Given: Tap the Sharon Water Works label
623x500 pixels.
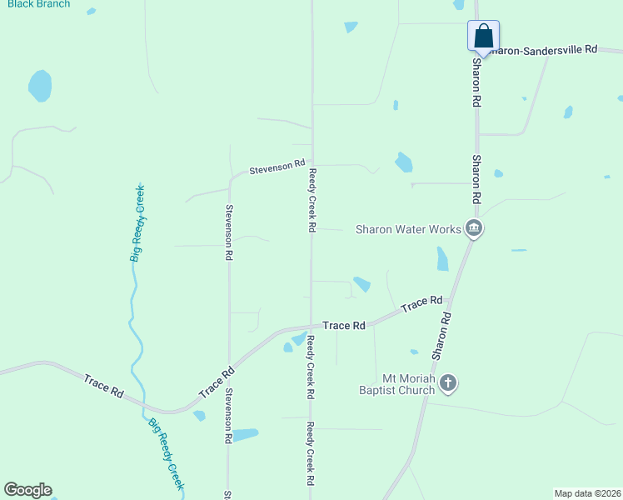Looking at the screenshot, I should (x=408, y=229).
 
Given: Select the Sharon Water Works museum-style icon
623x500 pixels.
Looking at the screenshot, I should (x=474, y=228).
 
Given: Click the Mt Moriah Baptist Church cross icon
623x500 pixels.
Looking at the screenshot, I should (x=448, y=382).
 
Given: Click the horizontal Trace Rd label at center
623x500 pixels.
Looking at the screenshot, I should (x=344, y=326).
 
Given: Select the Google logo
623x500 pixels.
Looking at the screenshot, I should (x=27, y=490).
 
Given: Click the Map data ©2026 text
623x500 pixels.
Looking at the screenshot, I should (x=587, y=493).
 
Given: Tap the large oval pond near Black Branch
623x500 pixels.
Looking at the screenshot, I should (x=40, y=85).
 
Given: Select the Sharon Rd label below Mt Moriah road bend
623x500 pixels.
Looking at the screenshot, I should (x=442, y=336).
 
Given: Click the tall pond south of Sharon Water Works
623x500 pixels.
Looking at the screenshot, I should (x=442, y=259).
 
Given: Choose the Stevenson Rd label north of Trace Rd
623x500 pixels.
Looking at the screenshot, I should (x=228, y=232).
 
